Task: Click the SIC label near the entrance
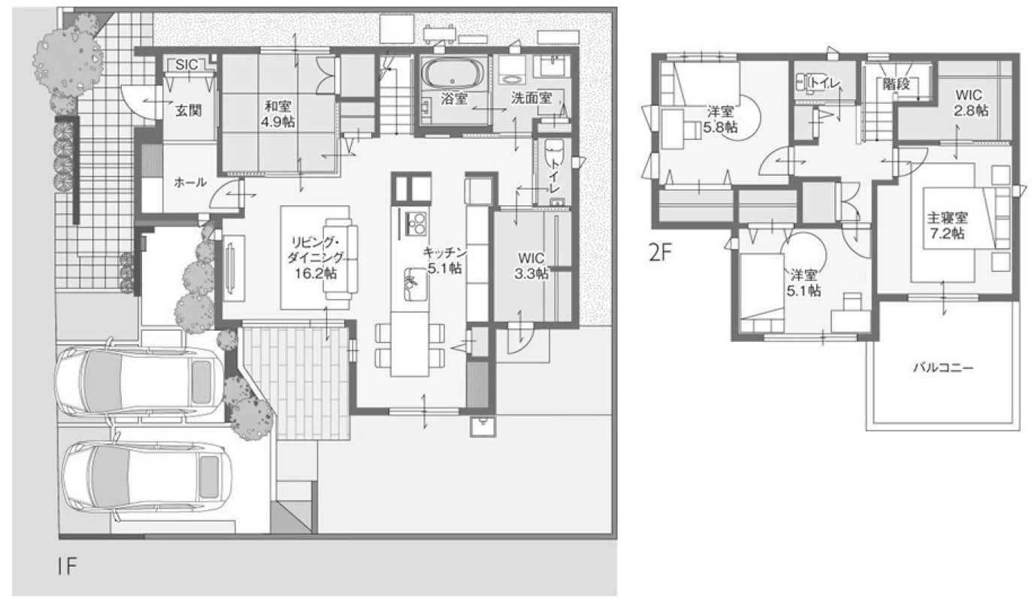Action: (186, 65)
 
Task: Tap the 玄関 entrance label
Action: (189, 110)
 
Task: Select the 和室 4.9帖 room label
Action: (277, 113)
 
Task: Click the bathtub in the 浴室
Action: (453, 74)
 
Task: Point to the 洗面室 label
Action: (531, 98)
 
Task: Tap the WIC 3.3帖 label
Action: (531, 266)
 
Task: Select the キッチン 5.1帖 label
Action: (444, 260)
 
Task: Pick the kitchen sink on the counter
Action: (416, 284)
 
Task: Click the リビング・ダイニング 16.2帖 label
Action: (316, 258)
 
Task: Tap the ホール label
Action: (190, 183)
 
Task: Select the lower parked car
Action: (147, 476)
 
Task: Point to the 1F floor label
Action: (67, 566)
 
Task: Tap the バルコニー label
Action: (943, 368)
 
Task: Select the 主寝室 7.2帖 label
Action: (947, 225)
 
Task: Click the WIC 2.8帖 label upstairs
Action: (971, 102)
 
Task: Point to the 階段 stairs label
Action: (897, 85)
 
